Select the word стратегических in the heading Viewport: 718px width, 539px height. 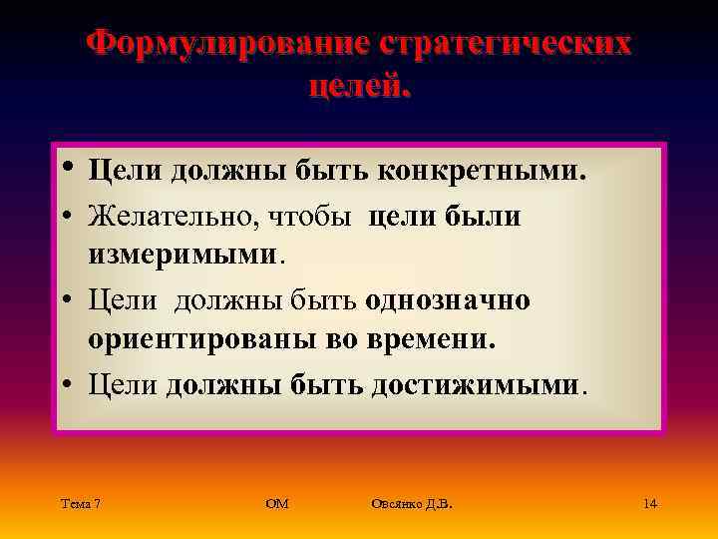coord(505,45)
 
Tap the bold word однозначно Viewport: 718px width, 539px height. coord(448,299)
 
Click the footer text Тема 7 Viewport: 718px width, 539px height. coord(80,503)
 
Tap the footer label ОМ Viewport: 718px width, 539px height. coord(277,503)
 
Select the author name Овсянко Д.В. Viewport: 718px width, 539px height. coord(411,503)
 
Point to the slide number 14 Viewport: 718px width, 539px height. coord(649,503)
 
